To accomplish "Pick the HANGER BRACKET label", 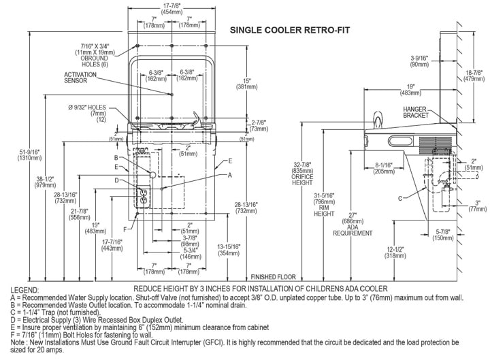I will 414,112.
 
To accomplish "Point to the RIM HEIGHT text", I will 323,211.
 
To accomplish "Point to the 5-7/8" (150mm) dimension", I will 444,235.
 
